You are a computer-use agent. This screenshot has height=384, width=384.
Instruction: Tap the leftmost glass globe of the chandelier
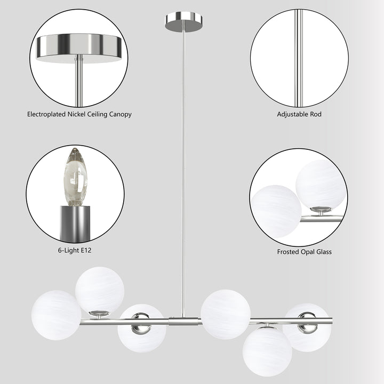56,315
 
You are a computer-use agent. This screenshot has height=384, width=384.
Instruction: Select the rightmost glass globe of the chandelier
307,327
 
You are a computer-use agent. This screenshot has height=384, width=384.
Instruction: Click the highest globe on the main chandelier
100,291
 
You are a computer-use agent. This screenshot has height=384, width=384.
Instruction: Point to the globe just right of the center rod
226,314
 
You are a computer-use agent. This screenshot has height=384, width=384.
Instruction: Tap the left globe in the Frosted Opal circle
275,211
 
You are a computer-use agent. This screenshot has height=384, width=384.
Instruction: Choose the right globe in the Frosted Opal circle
321,185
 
